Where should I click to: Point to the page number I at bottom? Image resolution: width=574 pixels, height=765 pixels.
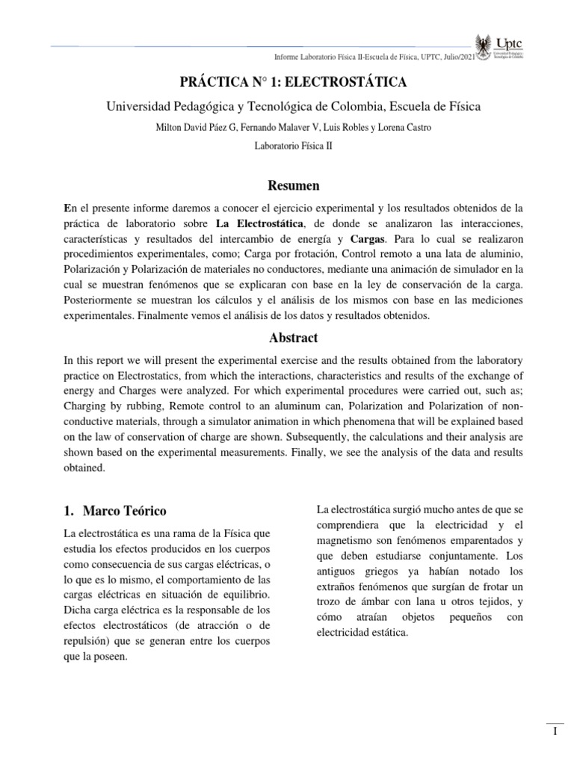tap(555, 732)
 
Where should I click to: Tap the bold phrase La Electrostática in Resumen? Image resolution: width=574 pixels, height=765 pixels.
tap(258, 223)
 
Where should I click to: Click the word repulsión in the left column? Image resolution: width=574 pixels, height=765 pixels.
tap(87, 641)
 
